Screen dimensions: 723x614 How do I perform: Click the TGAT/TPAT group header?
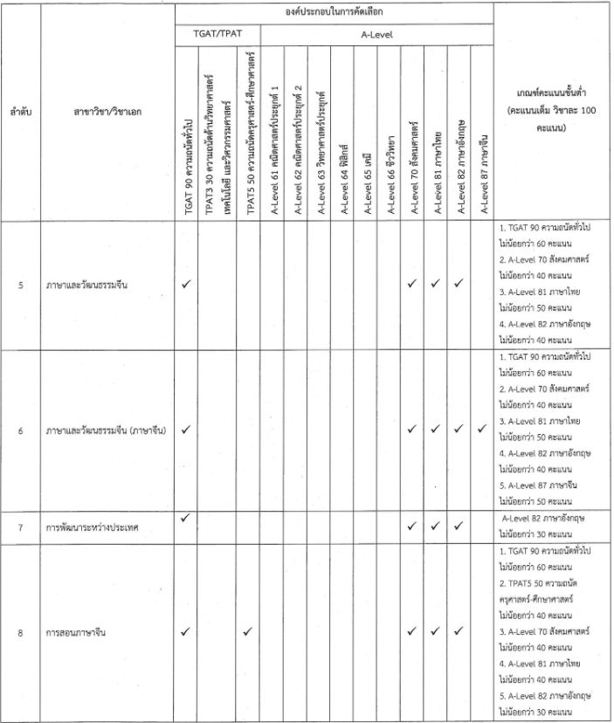pyautogui.click(x=217, y=35)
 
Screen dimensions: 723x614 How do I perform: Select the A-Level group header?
pyautogui.click(x=376, y=35)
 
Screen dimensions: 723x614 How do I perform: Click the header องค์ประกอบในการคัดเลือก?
pyautogui.click(x=334, y=12)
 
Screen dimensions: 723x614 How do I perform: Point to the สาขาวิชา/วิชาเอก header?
pyautogui.click(x=108, y=112)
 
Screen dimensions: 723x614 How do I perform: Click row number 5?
pyautogui.click(x=21, y=285)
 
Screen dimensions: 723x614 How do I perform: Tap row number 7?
pyautogui.click(x=21, y=528)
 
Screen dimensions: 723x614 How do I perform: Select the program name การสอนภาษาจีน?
pyautogui.click(x=84, y=632)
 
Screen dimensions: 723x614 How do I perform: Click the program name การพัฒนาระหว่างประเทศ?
pyautogui.click(x=95, y=528)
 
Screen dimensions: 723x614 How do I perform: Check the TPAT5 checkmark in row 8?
pyautogui.click(x=248, y=631)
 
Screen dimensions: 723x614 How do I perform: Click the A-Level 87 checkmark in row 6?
pyautogui.click(x=482, y=429)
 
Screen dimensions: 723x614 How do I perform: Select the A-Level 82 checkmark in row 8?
pyautogui.click(x=459, y=631)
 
